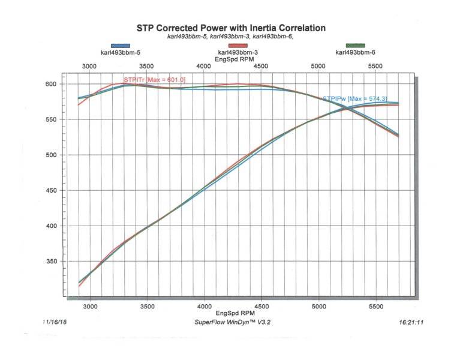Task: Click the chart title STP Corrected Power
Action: pos(231,28)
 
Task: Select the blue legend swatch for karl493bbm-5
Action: pos(120,46)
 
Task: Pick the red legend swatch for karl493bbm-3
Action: pos(238,46)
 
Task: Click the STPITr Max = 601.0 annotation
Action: pos(154,80)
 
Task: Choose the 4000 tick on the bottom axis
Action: pos(205,306)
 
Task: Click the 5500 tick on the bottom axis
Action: pos(376,306)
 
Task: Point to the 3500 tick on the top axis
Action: pos(147,66)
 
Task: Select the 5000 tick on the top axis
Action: pos(318,66)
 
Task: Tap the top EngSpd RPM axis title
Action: pos(233,59)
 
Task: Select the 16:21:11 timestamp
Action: pos(411,322)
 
